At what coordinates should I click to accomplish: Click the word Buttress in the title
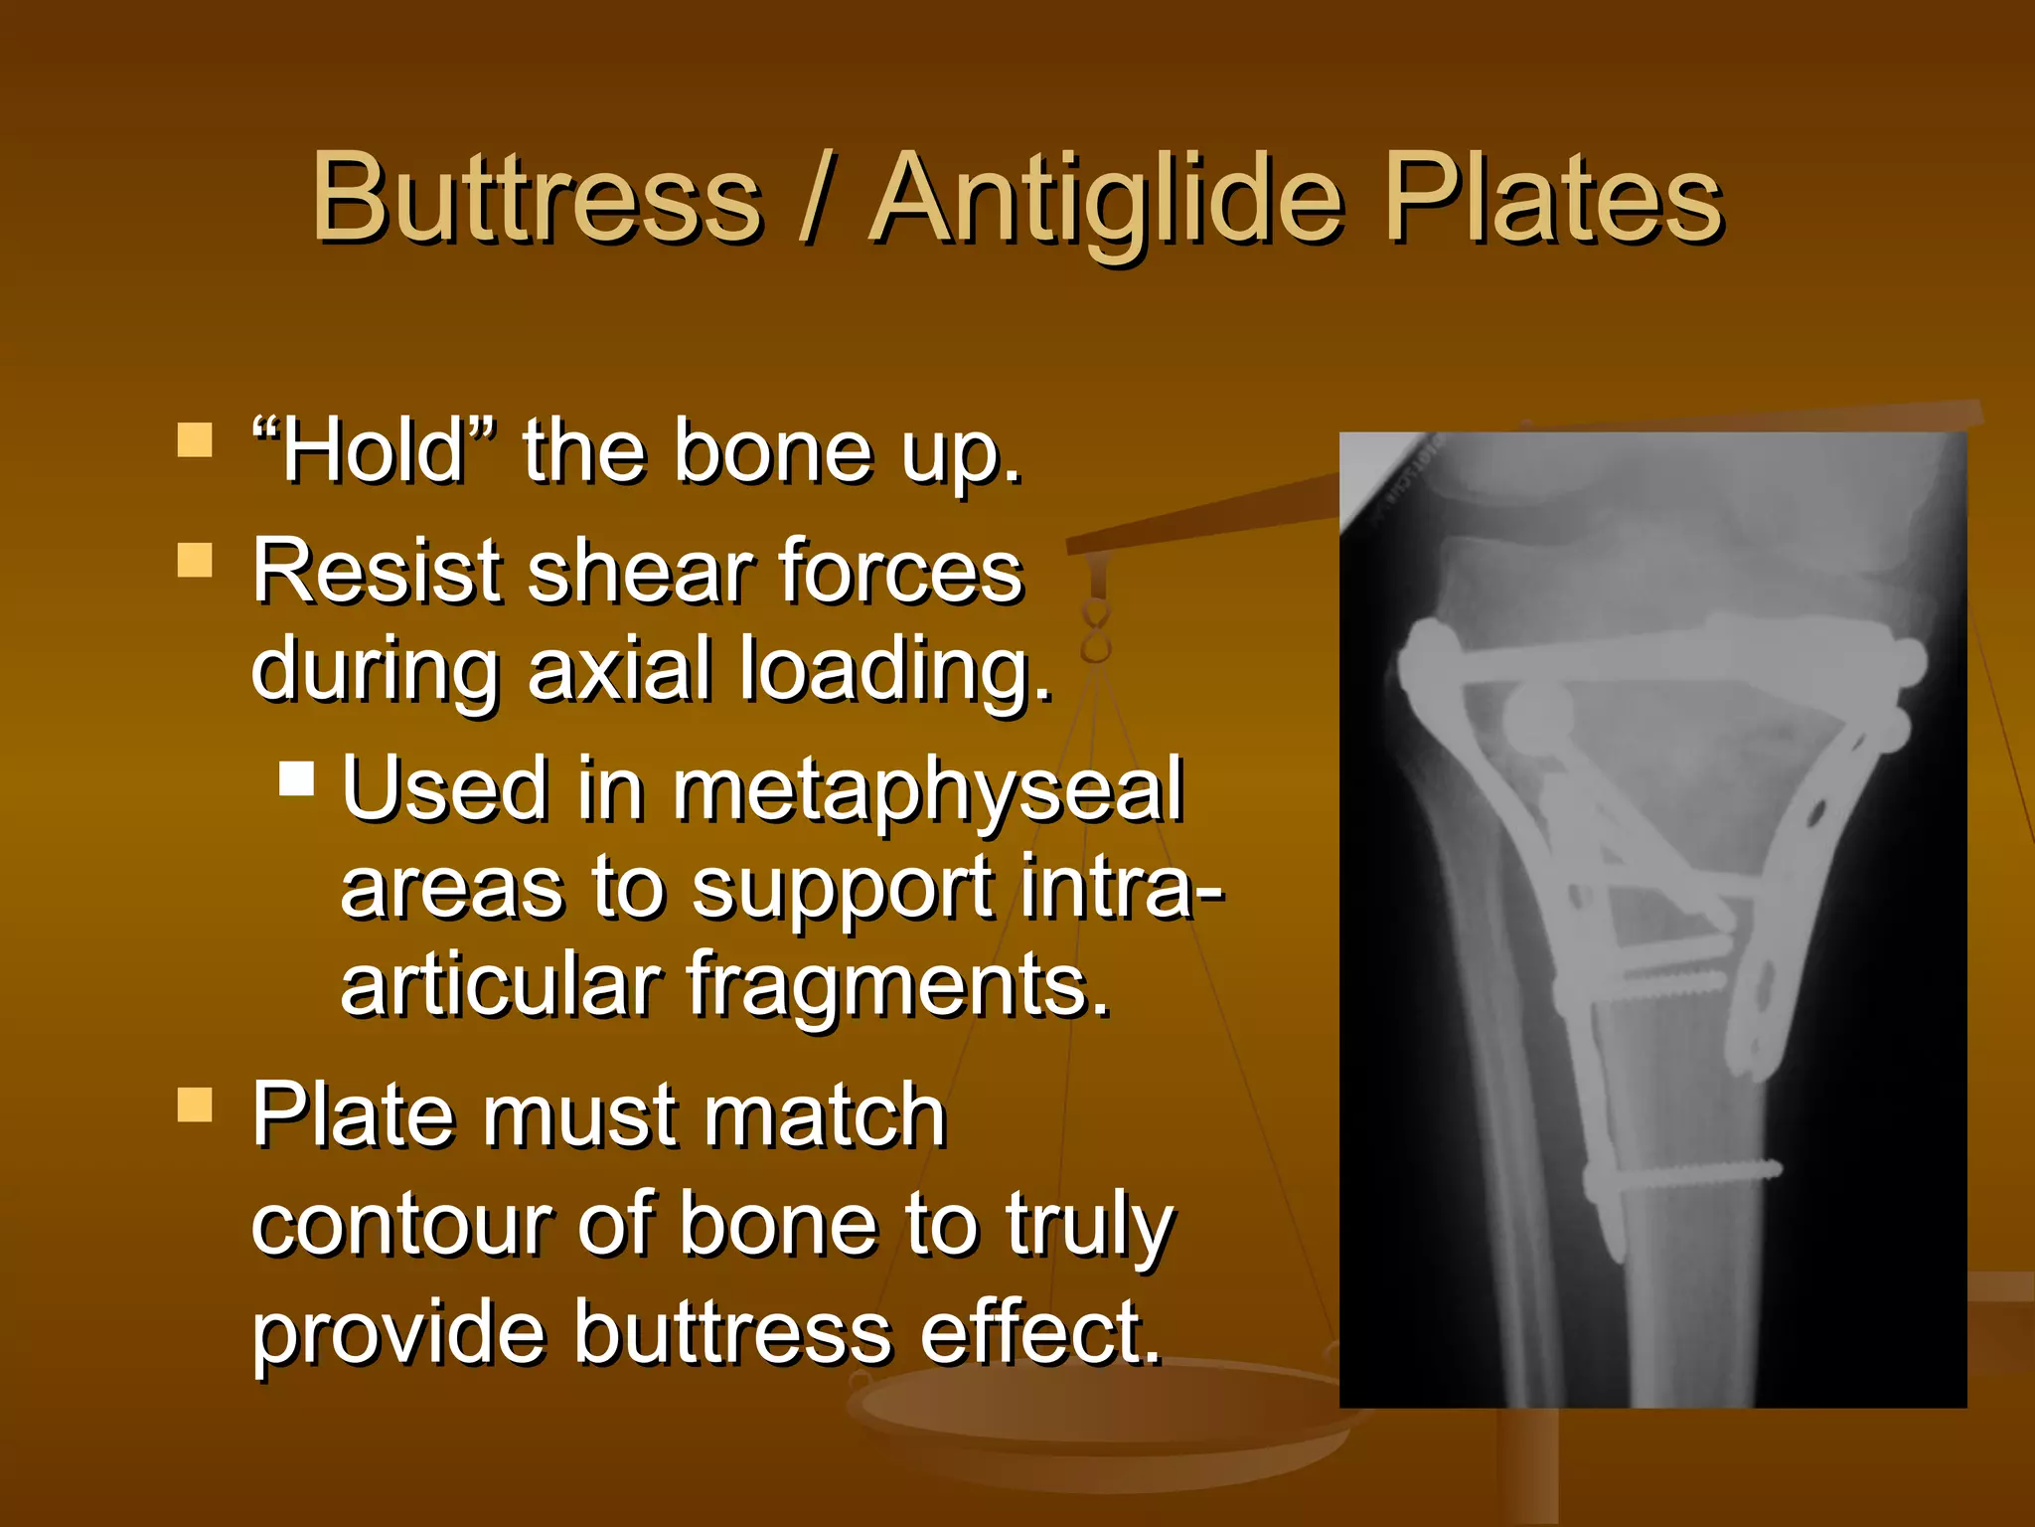point(537,198)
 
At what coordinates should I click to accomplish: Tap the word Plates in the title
point(1553,198)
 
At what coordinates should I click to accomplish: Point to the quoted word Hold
point(373,452)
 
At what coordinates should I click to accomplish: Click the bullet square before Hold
point(195,439)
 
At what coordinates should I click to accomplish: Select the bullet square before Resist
point(195,560)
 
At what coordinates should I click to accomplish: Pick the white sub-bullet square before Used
point(296,778)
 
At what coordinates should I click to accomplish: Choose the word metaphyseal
point(928,791)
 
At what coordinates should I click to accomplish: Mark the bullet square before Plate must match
point(195,1103)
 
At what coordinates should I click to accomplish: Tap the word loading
point(895,672)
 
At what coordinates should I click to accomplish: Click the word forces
point(900,573)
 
